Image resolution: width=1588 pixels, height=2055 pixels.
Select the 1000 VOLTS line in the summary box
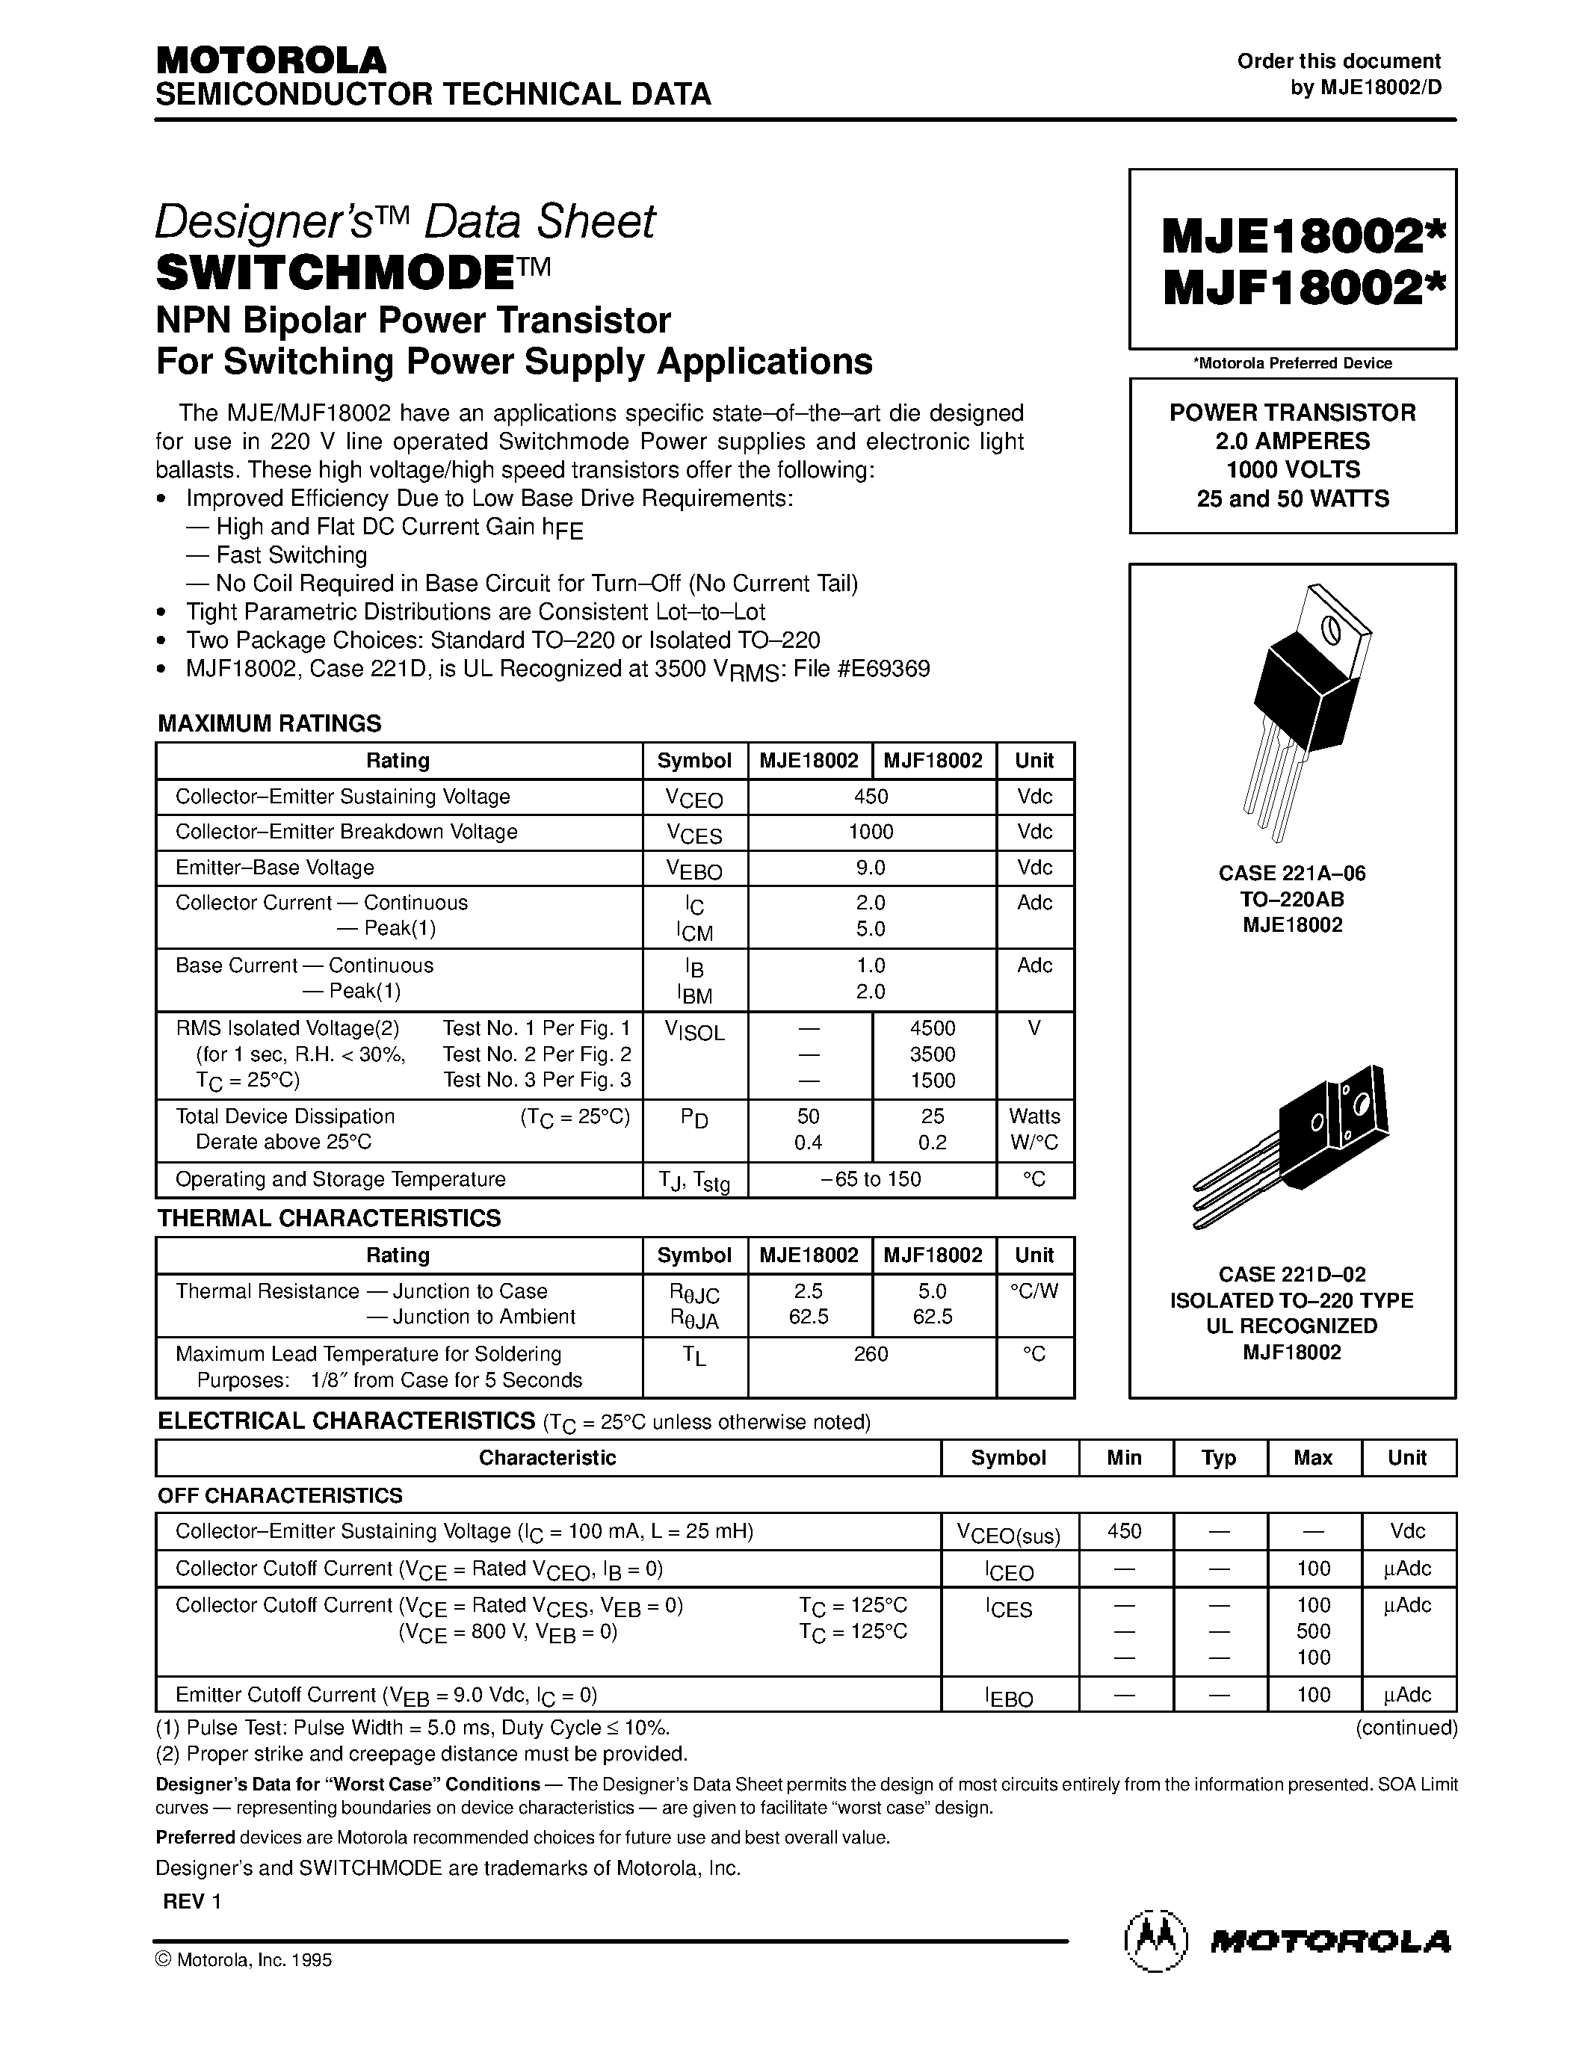pos(1293,469)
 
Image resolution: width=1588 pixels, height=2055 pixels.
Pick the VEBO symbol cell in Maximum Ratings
pos(694,868)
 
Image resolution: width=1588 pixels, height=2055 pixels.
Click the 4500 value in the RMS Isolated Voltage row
pos(933,1028)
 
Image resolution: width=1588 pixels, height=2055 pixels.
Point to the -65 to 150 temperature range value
pos(871,1179)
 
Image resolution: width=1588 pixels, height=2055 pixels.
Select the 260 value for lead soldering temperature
pos(871,1354)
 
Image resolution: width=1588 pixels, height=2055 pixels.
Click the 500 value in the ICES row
pos(1313,1631)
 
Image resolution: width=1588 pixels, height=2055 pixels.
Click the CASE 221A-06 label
pos(1291,873)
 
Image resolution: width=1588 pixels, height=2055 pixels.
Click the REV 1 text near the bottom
pos(192,1900)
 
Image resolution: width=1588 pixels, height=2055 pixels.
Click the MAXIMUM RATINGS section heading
pos(269,723)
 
